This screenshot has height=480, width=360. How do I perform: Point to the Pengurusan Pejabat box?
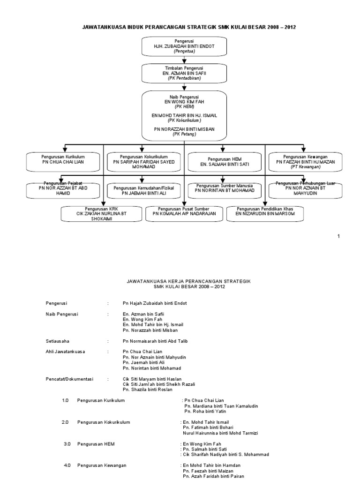pos(63,189)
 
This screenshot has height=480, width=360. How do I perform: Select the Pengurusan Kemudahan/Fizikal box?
pos(143,190)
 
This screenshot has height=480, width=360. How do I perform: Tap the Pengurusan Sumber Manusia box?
pos(225,188)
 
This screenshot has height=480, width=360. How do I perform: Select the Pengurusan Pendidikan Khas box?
pos(264,213)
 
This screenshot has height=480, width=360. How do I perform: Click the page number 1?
pos(338,236)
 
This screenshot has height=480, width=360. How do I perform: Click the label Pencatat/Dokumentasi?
pos(69,378)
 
